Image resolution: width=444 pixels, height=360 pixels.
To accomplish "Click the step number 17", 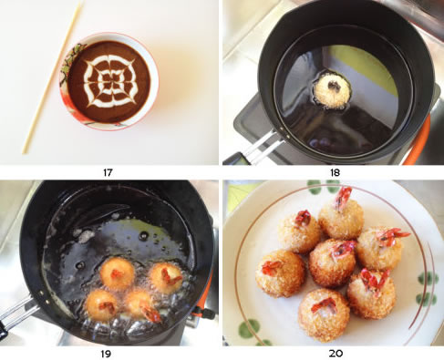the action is [108, 172].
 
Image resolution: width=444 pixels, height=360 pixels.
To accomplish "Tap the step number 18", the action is [335, 172].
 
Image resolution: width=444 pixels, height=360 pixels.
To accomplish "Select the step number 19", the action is [106, 354].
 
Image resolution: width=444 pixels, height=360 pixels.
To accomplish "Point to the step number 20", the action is [336, 354].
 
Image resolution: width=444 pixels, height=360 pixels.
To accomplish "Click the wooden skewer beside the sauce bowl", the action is [53, 77].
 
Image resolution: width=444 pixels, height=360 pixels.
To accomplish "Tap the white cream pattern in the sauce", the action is [109, 81].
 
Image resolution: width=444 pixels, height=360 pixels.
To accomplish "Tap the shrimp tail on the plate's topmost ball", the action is [343, 198].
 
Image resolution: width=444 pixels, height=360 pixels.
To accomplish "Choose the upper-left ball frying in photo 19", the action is [117, 273].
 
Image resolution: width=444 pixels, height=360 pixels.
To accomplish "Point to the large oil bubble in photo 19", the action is [143, 235].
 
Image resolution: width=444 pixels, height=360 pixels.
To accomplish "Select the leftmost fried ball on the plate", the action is [280, 273].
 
